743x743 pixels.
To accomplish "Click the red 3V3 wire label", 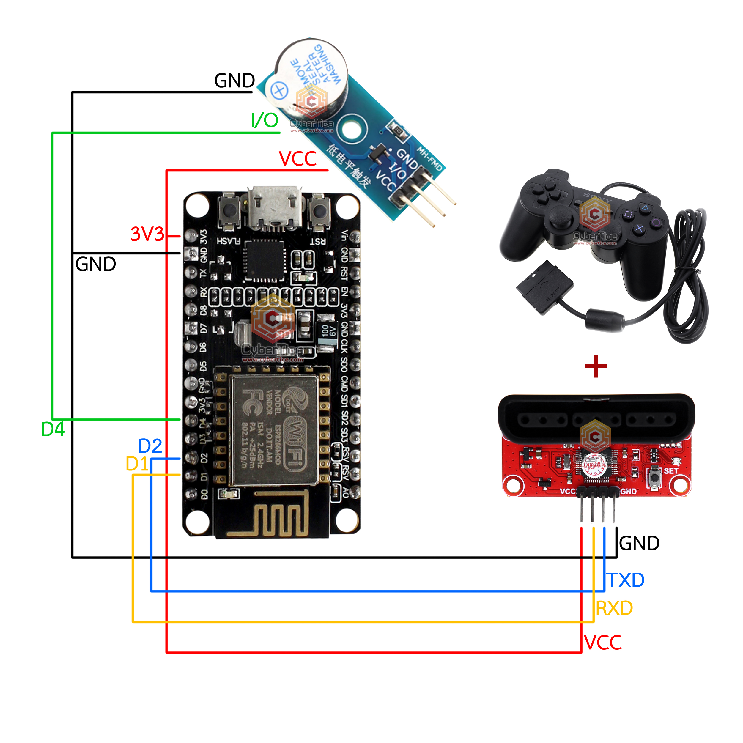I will [147, 234].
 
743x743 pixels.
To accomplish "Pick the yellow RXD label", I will [614, 608].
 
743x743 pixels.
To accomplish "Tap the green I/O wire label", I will [264, 120].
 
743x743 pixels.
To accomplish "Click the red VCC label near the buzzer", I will [298, 159].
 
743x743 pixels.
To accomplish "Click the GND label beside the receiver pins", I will [639, 543].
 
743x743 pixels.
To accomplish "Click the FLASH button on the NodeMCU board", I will [229, 211].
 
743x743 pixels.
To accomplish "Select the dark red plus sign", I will [595, 366].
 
